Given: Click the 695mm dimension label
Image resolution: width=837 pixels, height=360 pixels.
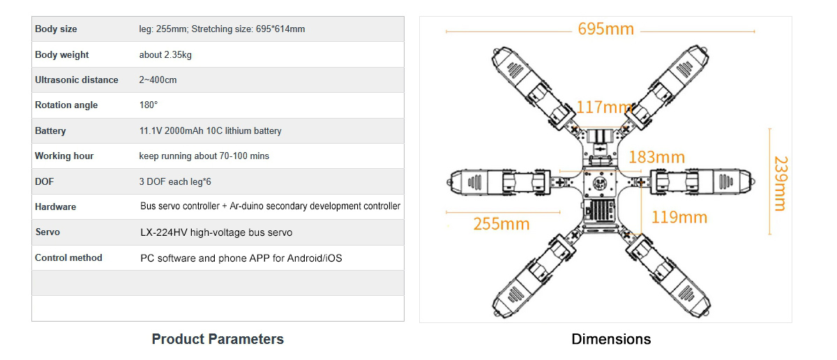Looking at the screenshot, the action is pyautogui.click(x=605, y=29).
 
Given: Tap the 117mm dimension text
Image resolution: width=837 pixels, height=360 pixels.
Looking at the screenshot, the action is pyautogui.click(x=604, y=107).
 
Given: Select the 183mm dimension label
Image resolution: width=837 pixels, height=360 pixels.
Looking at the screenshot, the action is pyautogui.click(x=656, y=158).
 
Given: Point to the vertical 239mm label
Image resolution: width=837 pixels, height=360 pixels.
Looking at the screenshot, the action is pyautogui.click(x=781, y=183).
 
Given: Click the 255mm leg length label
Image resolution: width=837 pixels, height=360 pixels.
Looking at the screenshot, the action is pyautogui.click(x=502, y=224).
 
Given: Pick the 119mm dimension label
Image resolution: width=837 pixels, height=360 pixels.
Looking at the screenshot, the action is pyautogui.click(x=679, y=218).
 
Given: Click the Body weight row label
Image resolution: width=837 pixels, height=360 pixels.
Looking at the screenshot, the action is pyautogui.click(x=61, y=54).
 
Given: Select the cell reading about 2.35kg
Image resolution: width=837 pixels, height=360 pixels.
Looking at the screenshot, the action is pyautogui.click(x=165, y=55).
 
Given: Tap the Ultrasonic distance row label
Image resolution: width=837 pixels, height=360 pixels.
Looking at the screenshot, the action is pyautogui.click(x=77, y=80).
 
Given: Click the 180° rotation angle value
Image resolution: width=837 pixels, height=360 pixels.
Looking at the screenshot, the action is pyautogui.click(x=149, y=105).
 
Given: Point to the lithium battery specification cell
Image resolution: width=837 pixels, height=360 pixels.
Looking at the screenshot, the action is pyautogui.click(x=210, y=131).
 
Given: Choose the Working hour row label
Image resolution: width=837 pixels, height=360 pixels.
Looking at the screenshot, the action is pyautogui.click(x=64, y=156).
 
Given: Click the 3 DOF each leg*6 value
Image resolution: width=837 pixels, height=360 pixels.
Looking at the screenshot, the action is pyautogui.click(x=175, y=181).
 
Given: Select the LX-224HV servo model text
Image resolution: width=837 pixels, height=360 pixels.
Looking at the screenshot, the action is pyautogui.click(x=216, y=232).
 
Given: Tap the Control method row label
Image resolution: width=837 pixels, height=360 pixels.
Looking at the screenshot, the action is pyautogui.click(x=68, y=257).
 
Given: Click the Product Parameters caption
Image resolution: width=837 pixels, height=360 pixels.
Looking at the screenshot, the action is pyautogui.click(x=218, y=339).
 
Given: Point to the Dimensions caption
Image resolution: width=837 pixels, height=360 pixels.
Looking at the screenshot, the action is pyautogui.click(x=611, y=339).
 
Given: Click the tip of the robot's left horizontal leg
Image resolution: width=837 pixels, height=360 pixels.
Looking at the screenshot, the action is pyautogui.click(x=448, y=182).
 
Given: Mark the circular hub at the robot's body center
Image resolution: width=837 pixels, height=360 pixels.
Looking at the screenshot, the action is pyautogui.click(x=600, y=183).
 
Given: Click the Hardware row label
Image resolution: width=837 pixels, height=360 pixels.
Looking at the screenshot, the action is pyautogui.click(x=55, y=207).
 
